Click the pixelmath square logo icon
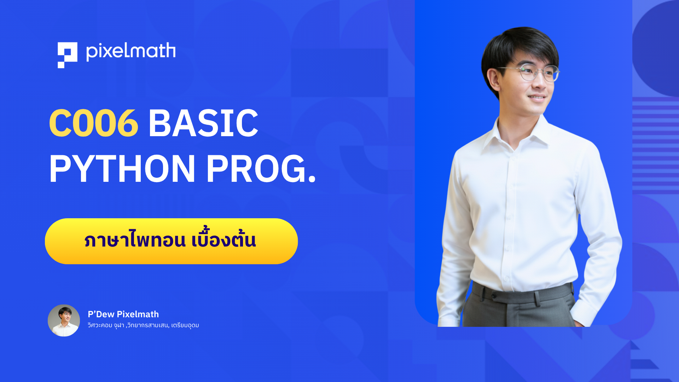pyautogui.click(x=67, y=55)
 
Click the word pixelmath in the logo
pyautogui.click(x=131, y=52)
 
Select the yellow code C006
pyautogui.click(x=93, y=123)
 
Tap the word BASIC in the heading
pyautogui.click(x=203, y=123)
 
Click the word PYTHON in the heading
pyautogui.click(x=122, y=169)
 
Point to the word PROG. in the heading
pyautogui.click(x=261, y=169)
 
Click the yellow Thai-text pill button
pyautogui.click(x=171, y=241)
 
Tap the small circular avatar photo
pyautogui.click(x=64, y=320)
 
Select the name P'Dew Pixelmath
pyautogui.click(x=123, y=314)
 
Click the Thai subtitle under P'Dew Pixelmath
pyautogui.click(x=143, y=325)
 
